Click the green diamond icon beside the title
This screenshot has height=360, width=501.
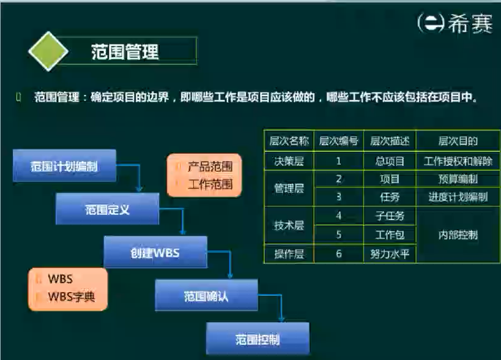click(48, 51)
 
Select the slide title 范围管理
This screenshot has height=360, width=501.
click(125, 51)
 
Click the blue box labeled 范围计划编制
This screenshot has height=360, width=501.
click(64, 165)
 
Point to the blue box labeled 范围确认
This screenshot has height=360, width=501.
click(206, 296)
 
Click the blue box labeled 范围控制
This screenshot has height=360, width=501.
click(257, 339)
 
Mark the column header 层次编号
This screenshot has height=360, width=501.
click(339, 141)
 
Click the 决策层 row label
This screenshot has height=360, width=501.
click(288, 161)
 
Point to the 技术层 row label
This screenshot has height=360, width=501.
click(288, 225)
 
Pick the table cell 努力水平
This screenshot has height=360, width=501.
click(389, 253)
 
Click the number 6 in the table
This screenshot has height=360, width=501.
click(339, 253)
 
